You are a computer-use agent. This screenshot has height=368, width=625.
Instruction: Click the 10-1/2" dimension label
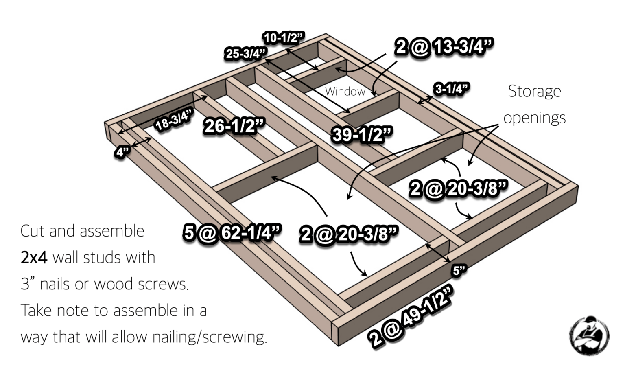tap(283, 38)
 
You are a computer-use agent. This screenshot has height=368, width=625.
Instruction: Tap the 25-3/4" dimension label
tap(246, 53)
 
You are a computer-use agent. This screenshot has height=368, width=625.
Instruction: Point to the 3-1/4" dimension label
tap(451, 89)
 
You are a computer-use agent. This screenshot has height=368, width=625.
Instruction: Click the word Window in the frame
tap(345, 91)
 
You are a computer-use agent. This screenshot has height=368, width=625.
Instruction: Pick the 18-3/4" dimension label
tap(175, 120)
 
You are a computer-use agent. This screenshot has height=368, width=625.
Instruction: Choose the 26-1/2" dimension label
tap(234, 126)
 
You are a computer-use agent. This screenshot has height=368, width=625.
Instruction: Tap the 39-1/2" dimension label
tap(362, 134)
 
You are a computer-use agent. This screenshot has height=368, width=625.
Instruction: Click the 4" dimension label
tap(122, 152)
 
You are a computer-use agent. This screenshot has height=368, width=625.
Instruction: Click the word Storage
tap(534, 91)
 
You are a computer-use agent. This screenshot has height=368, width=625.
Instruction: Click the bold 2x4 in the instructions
tap(34, 257)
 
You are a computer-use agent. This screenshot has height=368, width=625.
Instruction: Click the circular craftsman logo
tap(589, 335)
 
